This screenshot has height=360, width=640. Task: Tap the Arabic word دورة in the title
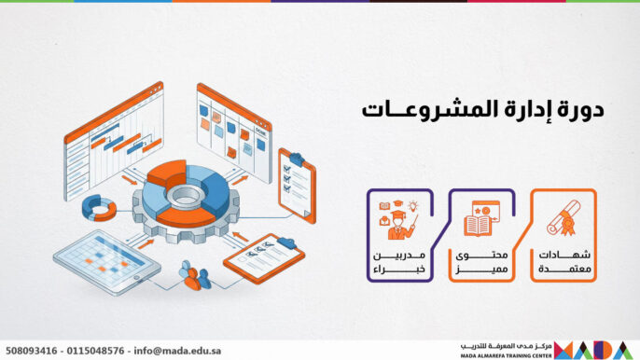click(578, 109)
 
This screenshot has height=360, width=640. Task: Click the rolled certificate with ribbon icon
click(563, 216)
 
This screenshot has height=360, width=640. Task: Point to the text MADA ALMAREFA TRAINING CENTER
click(504, 355)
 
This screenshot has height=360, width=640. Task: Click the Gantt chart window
click(112, 140)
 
